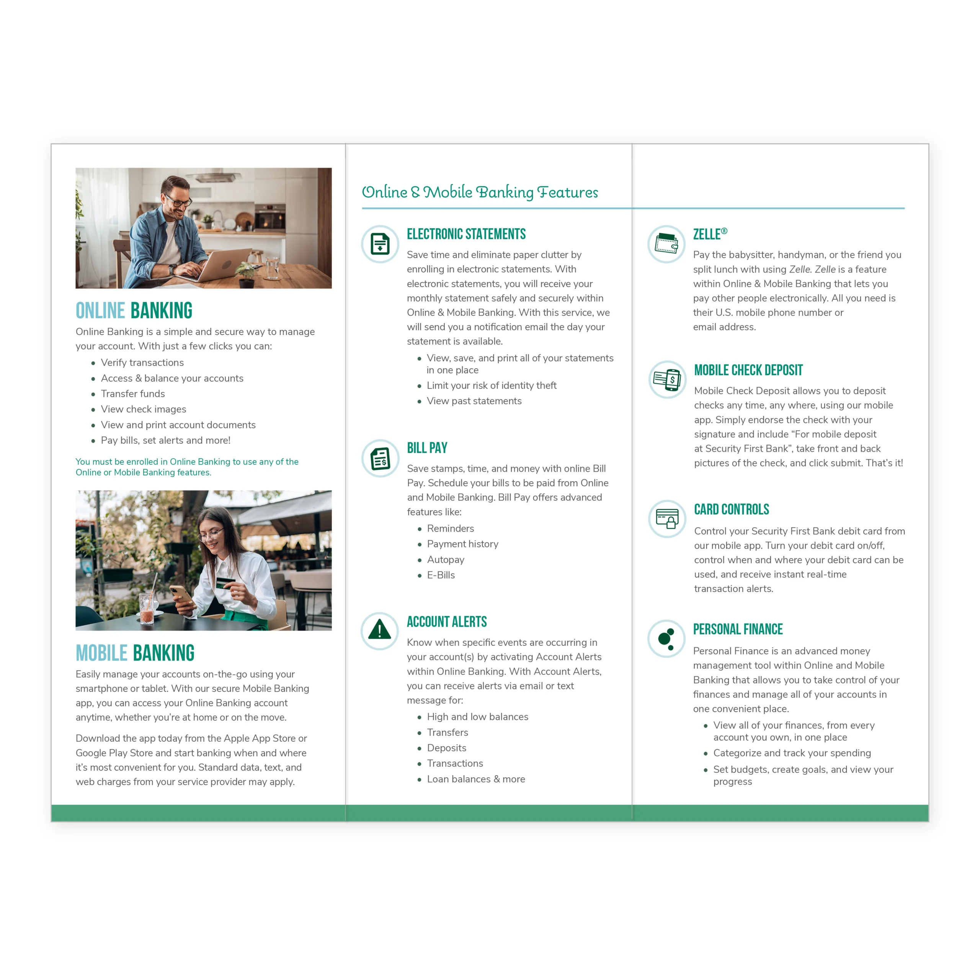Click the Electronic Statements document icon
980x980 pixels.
click(380, 244)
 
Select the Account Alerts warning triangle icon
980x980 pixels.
click(379, 630)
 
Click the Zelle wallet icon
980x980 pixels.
click(666, 244)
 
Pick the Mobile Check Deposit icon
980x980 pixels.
click(667, 379)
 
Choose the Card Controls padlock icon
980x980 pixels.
click(667, 519)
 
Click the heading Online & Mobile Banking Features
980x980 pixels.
click(479, 192)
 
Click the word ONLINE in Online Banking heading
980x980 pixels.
click(100, 311)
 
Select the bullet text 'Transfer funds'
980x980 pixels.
click(133, 394)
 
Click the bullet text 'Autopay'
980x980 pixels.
click(445, 560)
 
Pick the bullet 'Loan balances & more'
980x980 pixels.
click(476, 779)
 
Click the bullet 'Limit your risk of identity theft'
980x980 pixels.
click(492, 385)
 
